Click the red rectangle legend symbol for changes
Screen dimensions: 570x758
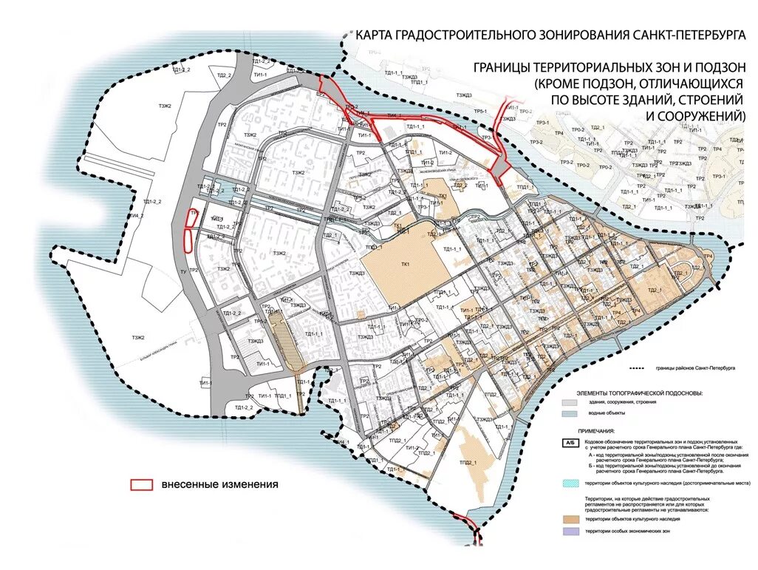141,485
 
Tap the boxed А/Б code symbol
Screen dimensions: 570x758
570,441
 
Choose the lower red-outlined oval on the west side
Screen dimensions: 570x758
188,240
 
